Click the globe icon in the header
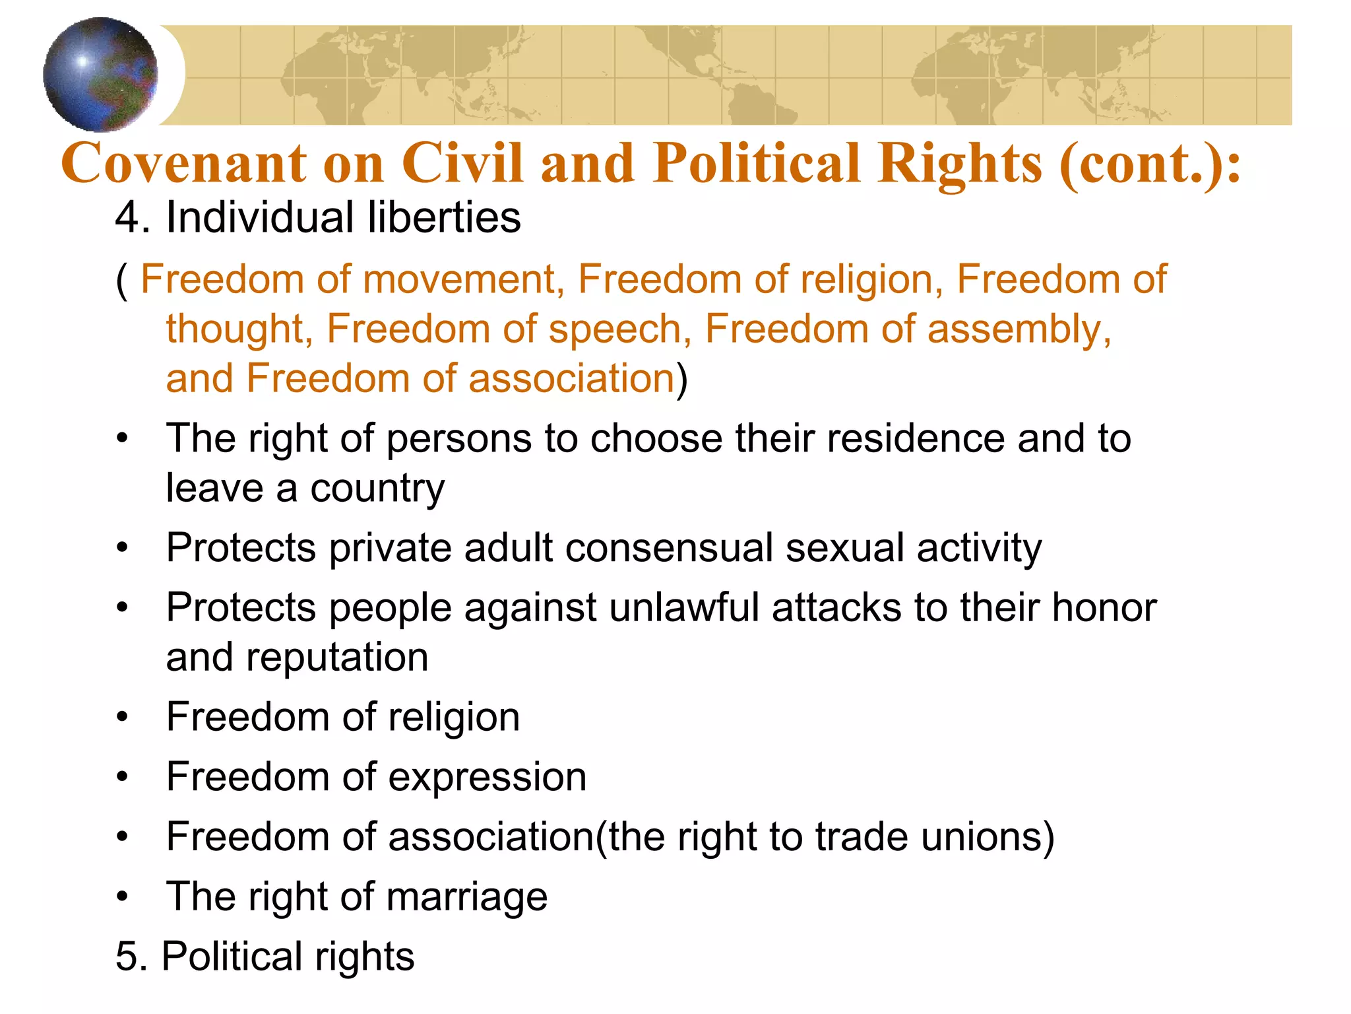(100, 74)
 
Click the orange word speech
(620, 329)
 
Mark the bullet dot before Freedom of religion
(122, 717)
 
